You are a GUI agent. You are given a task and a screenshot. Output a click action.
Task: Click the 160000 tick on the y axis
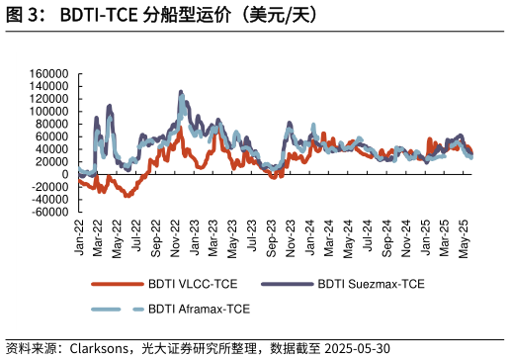[x=48, y=74]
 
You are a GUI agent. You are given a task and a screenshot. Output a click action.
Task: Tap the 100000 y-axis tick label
[x=48, y=112]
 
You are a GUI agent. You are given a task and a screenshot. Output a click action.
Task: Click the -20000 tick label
[x=46, y=187]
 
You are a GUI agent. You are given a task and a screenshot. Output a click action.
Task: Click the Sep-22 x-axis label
[x=158, y=238]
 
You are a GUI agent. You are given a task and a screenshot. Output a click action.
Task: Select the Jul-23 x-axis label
[x=254, y=238]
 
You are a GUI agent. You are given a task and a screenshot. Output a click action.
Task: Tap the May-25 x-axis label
[x=465, y=238]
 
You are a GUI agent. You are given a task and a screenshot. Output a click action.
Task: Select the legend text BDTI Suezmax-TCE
[x=373, y=287]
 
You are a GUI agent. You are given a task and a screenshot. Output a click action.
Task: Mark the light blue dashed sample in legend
[x=117, y=311]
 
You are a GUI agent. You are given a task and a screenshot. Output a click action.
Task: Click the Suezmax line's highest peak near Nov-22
[x=180, y=92]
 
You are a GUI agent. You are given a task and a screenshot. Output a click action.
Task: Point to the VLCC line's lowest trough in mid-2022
[x=127, y=196]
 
